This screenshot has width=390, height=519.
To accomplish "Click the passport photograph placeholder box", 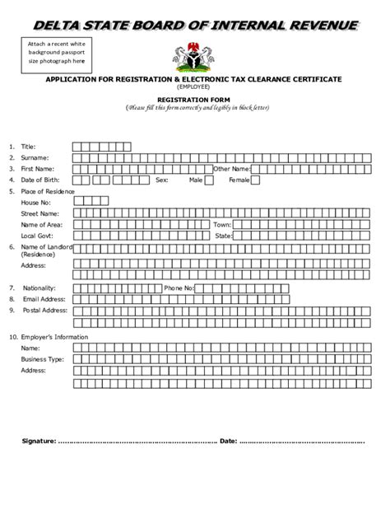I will point(55,52).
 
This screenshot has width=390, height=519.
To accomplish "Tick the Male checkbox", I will point(208,180).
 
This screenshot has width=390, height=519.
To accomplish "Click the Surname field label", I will point(35,157).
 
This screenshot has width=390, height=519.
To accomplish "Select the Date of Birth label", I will point(40,180).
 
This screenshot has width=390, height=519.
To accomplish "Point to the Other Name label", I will point(230,168).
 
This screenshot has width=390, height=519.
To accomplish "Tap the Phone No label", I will point(179,288).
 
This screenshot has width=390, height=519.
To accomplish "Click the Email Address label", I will point(44,299).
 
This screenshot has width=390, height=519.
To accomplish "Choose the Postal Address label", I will point(44,311).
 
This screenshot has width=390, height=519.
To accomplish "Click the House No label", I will point(36,202).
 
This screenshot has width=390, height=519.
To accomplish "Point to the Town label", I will point(222,224).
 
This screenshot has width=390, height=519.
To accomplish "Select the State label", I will point(224,236).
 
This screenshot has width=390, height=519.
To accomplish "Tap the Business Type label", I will point(43,359).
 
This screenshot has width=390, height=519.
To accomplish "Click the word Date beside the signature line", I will point(228,442).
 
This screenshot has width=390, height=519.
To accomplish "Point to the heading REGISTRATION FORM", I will point(195,98).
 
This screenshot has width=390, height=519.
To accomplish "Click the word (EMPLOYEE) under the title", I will point(195,86).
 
